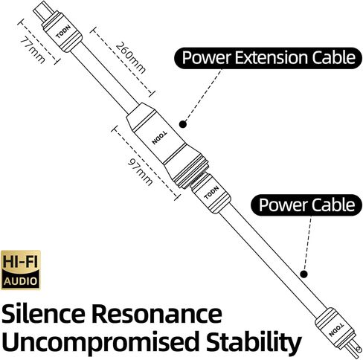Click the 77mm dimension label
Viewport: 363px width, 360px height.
tap(30, 49)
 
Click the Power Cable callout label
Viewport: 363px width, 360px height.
tap(306, 204)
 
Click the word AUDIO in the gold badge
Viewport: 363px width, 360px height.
tap(22, 281)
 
